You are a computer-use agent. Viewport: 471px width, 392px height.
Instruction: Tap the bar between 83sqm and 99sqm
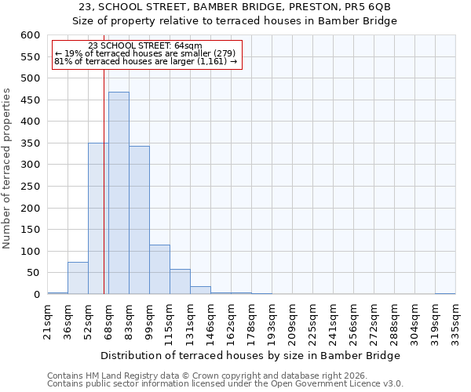click(139, 220)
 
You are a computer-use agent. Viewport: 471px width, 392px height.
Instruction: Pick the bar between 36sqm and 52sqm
click(78, 278)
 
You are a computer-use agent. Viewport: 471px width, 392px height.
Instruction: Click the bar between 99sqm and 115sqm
click(159, 270)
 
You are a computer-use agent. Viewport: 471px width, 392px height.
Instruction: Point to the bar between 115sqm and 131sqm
click(180, 281)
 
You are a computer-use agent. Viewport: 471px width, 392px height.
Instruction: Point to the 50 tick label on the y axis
click(32, 273)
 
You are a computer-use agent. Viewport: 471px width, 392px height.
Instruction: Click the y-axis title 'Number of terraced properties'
click(8, 168)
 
